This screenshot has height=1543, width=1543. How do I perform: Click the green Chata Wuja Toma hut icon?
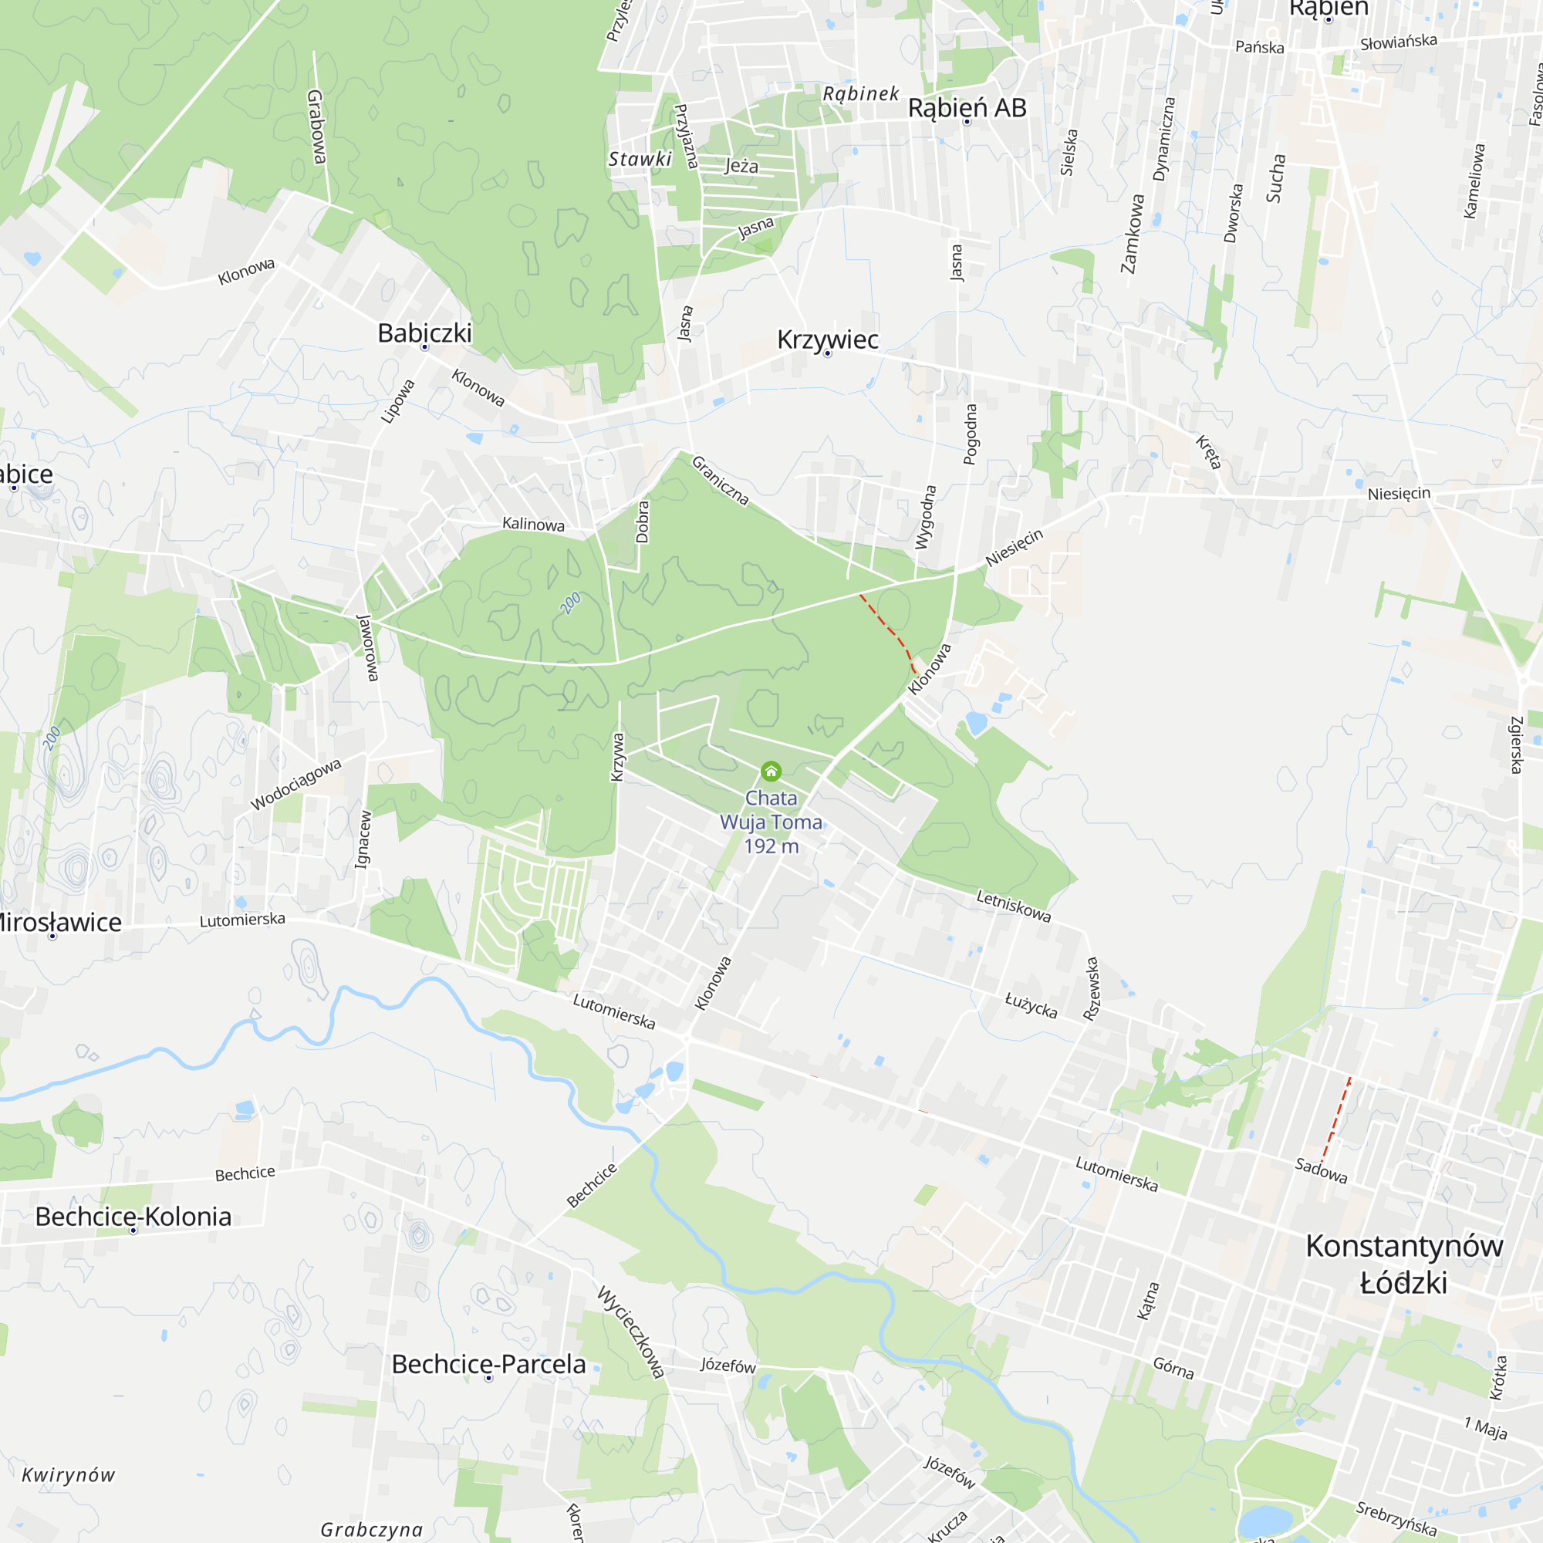pos(771,771)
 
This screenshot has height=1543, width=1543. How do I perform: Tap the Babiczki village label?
pos(424,333)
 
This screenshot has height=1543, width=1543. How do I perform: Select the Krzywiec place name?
pos(827,339)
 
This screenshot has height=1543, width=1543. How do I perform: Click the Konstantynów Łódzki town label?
pos(1404,1264)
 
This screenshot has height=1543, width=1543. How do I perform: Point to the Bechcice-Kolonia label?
pos(133,1217)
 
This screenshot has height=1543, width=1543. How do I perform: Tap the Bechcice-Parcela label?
pos(489,1364)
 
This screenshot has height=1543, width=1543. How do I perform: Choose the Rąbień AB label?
pos(967,108)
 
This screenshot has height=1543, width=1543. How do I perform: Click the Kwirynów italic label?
pos(68,1475)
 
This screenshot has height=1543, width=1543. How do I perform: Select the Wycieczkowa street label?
pos(631,1332)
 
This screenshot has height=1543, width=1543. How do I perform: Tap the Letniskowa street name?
pos(1014,907)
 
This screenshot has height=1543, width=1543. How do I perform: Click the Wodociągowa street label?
pos(296,785)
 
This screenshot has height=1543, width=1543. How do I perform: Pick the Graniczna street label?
pos(721,480)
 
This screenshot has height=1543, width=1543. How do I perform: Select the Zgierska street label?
pos(1517,744)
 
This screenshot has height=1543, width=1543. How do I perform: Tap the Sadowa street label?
pos(1321,1170)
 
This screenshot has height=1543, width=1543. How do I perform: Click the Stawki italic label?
pos(640,159)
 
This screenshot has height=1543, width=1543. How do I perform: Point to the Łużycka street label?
pos(1031,1005)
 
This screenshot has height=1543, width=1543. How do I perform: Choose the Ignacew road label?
pos(363,839)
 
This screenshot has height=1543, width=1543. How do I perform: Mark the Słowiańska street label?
pos(1399,42)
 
